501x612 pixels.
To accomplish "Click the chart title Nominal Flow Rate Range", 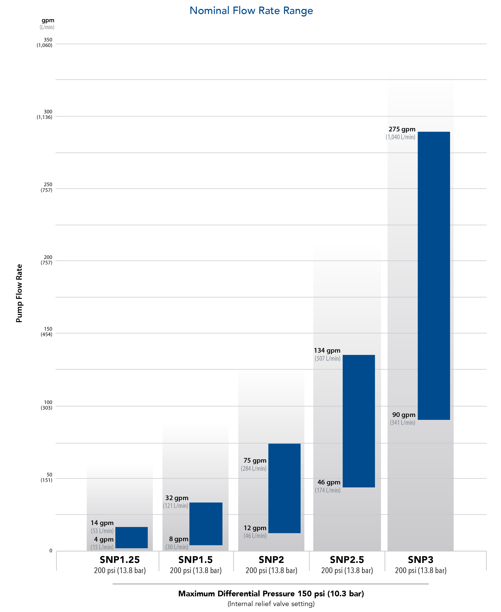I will click(x=251, y=11).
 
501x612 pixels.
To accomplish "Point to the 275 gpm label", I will click(x=402, y=129).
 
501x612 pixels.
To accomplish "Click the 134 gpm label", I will click(x=327, y=351).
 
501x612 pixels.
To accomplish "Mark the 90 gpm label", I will click(x=404, y=415).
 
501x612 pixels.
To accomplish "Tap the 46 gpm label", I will click(x=329, y=482).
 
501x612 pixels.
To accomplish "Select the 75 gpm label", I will click(x=255, y=461).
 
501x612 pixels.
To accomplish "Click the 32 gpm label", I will click(x=177, y=498).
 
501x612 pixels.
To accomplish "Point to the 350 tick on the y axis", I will click(x=48, y=40).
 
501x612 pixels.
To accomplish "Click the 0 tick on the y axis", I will click(x=51, y=551).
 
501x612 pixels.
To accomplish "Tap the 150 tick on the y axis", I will click(x=48, y=329).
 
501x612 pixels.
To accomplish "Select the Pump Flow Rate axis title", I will click(x=19, y=293).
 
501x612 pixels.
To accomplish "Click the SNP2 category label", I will click(x=271, y=560).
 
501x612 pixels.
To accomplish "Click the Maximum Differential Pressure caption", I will click(x=271, y=594).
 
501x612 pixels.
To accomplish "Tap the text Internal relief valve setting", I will click(x=271, y=604).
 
